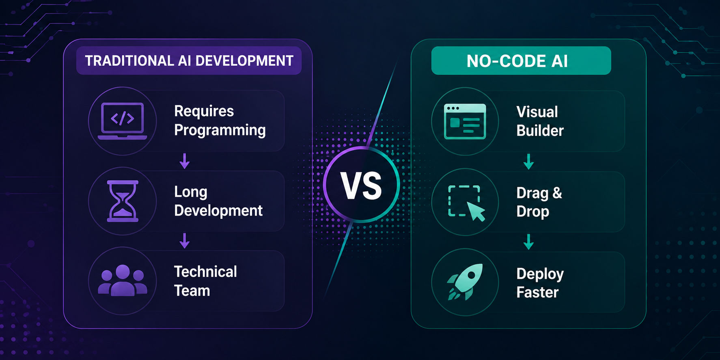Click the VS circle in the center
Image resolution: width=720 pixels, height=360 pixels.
[x=362, y=185]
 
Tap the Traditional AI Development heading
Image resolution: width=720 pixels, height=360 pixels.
[x=189, y=61]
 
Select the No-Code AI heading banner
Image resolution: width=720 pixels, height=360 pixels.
[x=521, y=60]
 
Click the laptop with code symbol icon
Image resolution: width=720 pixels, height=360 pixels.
[x=123, y=121]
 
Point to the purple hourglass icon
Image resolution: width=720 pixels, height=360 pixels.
[x=123, y=201]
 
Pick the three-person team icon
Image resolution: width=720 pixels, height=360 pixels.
[x=123, y=280]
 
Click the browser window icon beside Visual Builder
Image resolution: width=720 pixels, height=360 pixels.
[x=465, y=121]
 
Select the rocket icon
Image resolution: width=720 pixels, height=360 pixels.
[x=465, y=282]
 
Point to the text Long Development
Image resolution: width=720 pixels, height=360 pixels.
[x=218, y=201]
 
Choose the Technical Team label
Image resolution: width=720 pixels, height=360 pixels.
[x=205, y=281]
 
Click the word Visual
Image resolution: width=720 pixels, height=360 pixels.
[x=537, y=112]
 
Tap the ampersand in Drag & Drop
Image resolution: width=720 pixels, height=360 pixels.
[x=557, y=192]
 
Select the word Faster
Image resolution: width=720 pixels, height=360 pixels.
[x=537, y=292]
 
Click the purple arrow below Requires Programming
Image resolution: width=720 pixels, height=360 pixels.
[x=185, y=161]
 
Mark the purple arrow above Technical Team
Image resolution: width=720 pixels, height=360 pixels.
[x=185, y=241]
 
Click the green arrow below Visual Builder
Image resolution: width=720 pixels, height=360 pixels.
[x=528, y=162]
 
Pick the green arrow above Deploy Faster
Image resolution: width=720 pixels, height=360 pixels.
[x=528, y=241]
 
